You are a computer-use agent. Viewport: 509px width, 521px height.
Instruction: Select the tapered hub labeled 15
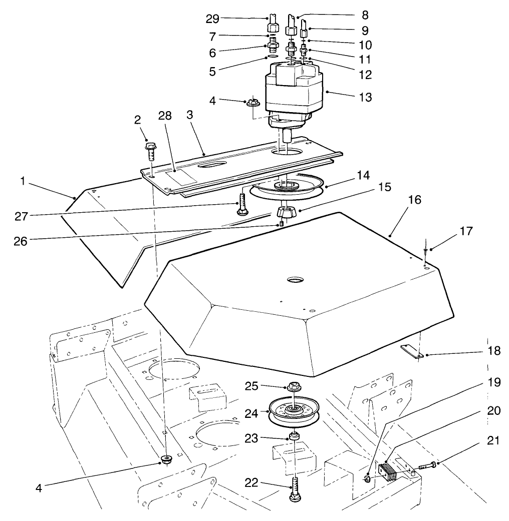tap(286, 212)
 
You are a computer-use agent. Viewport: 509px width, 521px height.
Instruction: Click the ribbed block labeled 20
tap(388, 471)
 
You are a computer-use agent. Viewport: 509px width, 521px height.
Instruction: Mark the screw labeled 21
tap(426, 465)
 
